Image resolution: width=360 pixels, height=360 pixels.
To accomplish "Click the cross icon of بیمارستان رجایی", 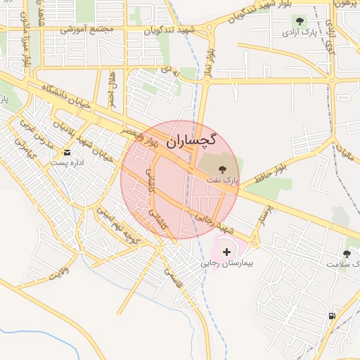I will [x=226, y=252].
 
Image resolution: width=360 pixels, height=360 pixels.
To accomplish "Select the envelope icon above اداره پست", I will [x=67, y=153].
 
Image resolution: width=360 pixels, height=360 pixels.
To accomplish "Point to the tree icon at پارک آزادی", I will [x=301, y=22].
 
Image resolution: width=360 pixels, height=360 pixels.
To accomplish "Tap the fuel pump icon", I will [x=332, y=316].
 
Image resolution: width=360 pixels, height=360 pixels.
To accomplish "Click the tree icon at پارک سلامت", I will [x=347, y=253].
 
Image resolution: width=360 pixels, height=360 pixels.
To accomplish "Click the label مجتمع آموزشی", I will [x=87, y=30].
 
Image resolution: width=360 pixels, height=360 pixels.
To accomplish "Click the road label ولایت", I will [x=53, y=273].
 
